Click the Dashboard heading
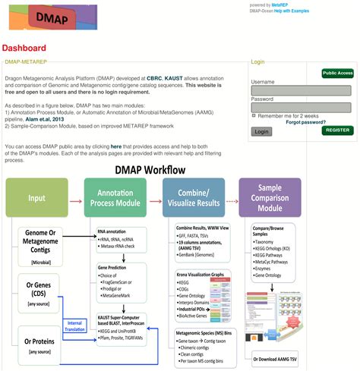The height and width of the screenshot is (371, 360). coord(25,48)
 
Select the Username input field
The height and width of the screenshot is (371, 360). coord(301,90)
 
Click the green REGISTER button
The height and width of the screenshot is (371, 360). coord(336,130)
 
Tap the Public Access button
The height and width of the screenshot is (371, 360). coord(337,73)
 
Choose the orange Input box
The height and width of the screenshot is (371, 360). coord(36,199)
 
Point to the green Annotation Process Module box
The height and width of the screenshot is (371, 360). coord(115,199)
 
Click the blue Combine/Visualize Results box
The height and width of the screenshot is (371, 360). coord(193,199)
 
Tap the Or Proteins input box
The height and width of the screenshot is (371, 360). coord(36,346)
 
